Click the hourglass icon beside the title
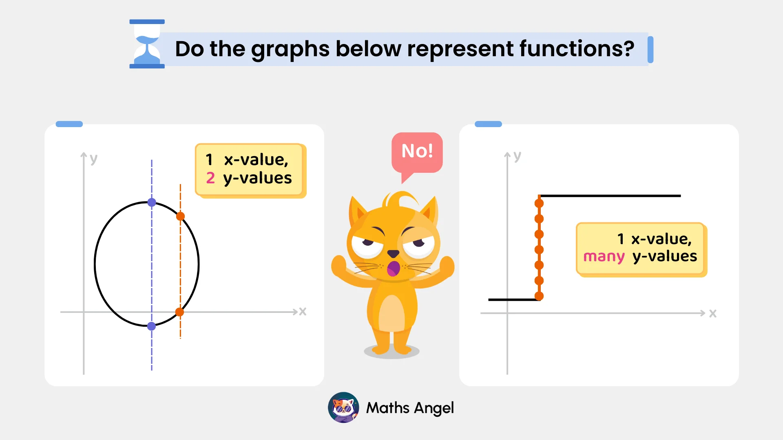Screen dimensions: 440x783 pyautogui.click(x=147, y=44)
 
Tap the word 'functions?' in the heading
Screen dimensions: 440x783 pyautogui.click(x=577, y=49)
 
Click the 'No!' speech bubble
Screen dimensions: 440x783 pyautogui.click(x=417, y=152)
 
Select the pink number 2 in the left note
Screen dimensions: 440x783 pyautogui.click(x=210, y=178)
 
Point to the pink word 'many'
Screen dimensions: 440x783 pyautogui.click(x=604, y=257)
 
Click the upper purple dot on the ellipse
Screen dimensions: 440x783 pyautogui.click(x=152, y=202)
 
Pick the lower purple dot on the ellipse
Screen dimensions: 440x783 pyautogui.click(x=151, y=326)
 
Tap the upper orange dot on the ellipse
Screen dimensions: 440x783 pyautogui.click(x=180, y=216)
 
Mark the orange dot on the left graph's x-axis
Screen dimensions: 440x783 pyautogui.click(x=179, y=312)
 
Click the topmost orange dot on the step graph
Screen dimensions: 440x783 pyautogui.click(x=539, y=203)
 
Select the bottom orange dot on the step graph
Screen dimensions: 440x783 pyautogui.click(x=539, y=296)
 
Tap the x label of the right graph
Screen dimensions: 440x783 pyautogui.click(x=712, y=313)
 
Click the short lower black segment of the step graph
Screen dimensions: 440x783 pyautogui.click(x=513, y=300)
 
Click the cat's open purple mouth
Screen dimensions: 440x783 pyautogui.click(x=393, y=269)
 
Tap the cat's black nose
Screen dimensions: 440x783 pyautogui.click(x=393, y=253)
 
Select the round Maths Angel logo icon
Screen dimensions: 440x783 pyautogui.click(x=343, y=407)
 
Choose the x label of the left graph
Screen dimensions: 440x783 pyautogui.click(x=303, y=312)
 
